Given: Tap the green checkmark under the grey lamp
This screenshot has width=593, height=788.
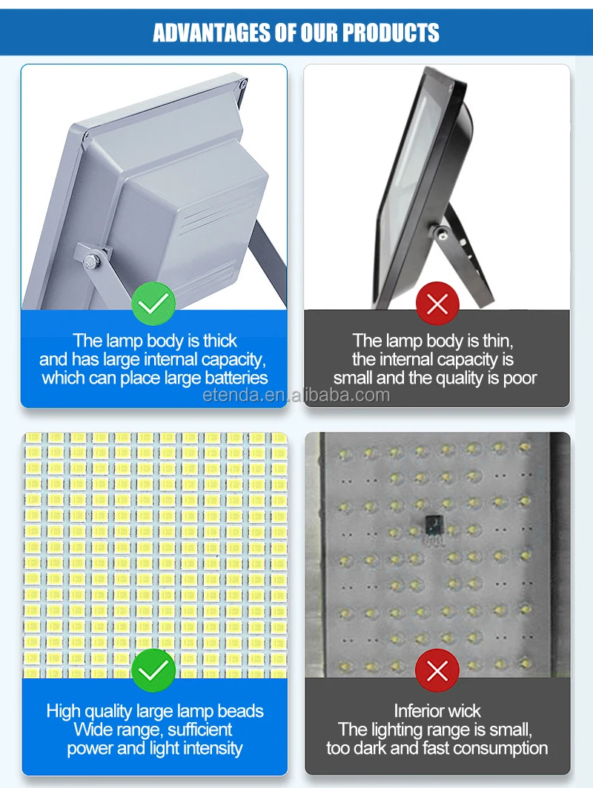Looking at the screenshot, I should tap(153, 304).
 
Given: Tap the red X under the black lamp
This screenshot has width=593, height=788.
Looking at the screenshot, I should tap(437, 304).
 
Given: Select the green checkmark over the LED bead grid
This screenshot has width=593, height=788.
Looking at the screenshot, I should tap(153, 671).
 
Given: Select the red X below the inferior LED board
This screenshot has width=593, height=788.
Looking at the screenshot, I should tap(437, 671).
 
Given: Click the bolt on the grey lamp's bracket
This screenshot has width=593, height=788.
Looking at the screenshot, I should tap(91, 260).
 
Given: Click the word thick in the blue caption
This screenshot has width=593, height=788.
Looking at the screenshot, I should tap(220, 341).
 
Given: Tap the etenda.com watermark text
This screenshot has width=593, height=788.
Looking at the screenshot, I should tap(296, 395).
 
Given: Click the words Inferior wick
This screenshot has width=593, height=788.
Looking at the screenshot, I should tap(437, 711).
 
